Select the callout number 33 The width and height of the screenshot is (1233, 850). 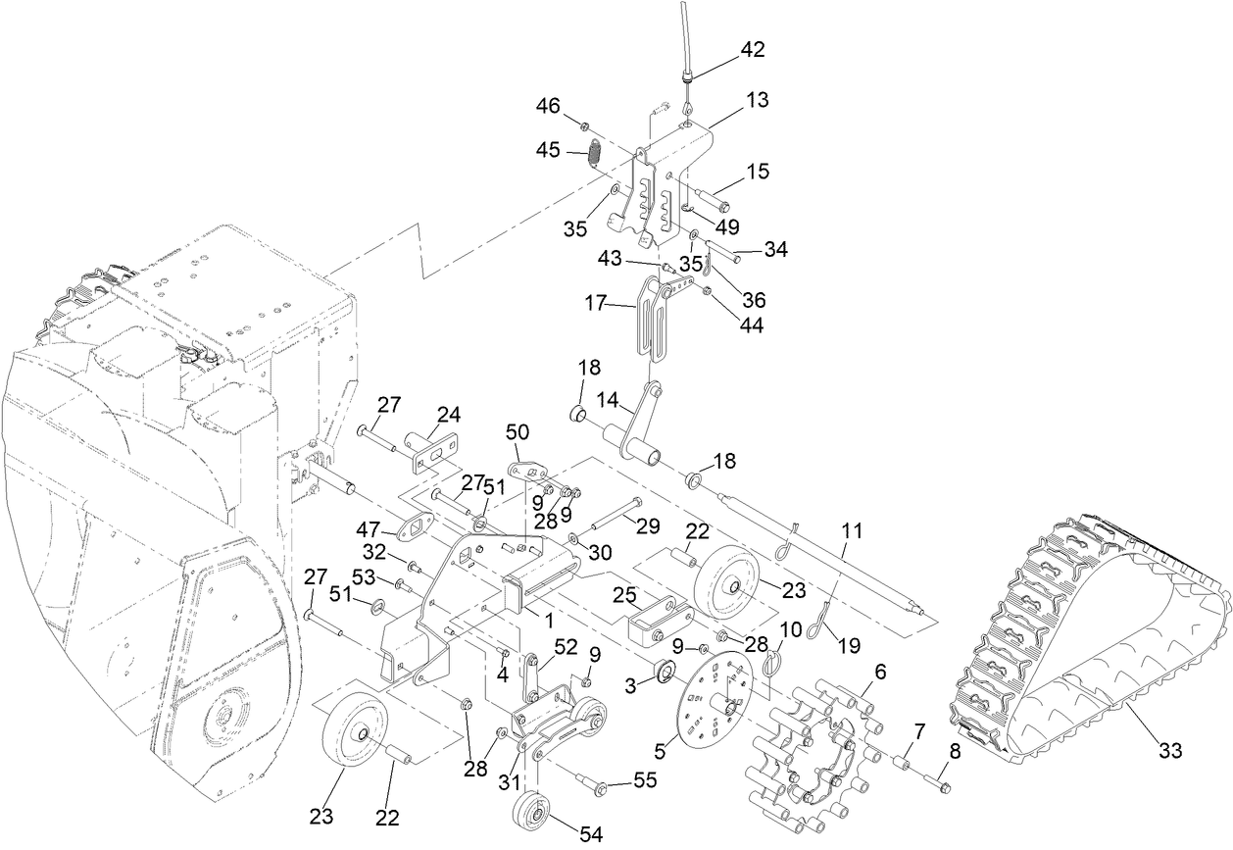pos(1170,752)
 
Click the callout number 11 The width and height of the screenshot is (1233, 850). pos(852,531)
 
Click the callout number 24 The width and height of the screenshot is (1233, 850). pos(447,414)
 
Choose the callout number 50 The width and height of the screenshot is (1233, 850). pos(518,431)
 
